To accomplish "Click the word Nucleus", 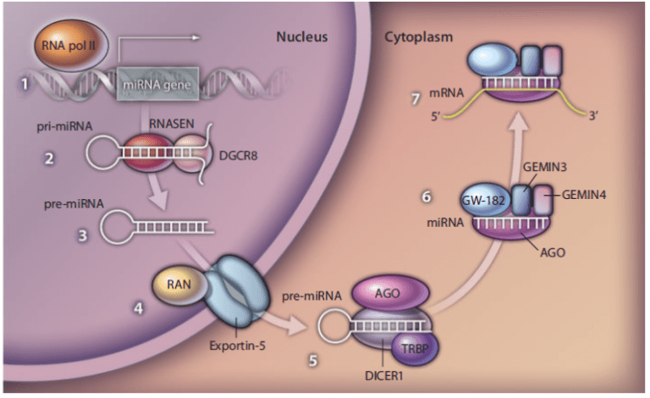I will coord(301,37).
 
